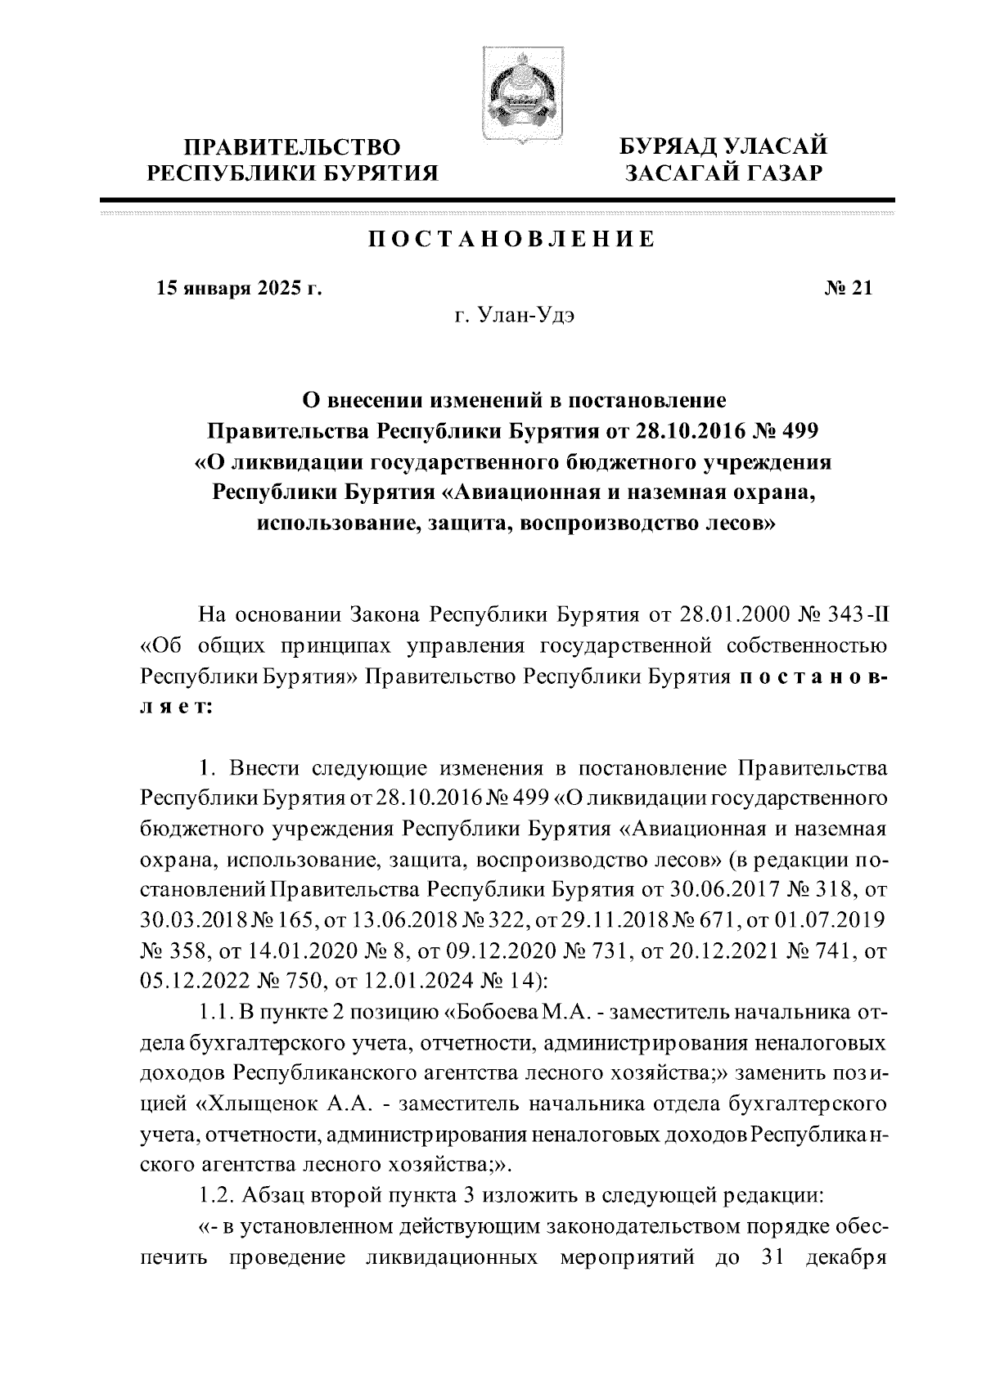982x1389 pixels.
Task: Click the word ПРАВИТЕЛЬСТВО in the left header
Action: [292, 147]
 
